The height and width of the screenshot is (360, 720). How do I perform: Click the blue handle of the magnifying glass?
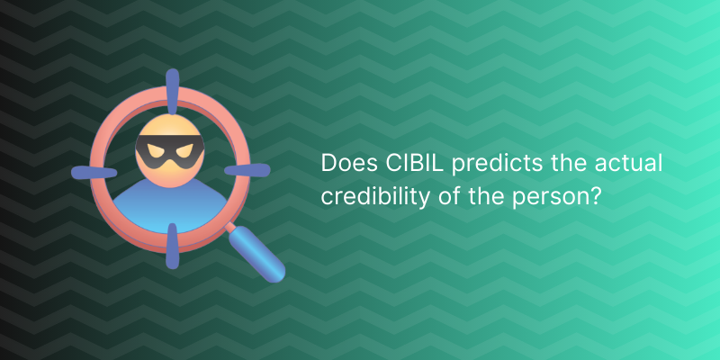[x=256, y=255]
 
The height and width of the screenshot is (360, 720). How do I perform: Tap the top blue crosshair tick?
[x=172, y=91]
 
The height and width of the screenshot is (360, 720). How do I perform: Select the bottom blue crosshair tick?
[x=172, y=246]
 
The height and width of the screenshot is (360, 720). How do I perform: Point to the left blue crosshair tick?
[x=94, y=173]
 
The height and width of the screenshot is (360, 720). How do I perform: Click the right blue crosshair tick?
[x=247, y=170]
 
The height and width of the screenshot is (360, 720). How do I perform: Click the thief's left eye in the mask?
[x=155, y=150]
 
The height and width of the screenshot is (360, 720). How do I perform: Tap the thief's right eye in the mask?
[x=184, y=150]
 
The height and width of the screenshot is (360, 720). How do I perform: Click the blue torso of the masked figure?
[x=170, y=207]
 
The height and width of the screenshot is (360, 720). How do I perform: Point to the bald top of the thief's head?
[x=170, y=125]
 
